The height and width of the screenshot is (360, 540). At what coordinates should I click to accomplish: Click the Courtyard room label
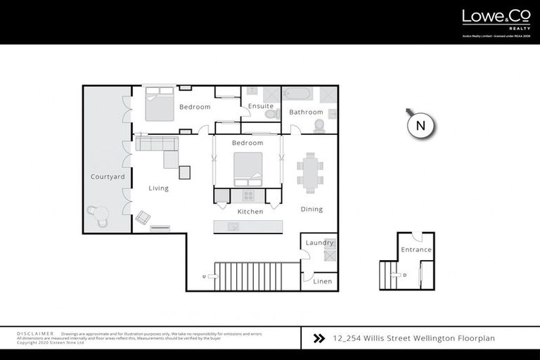click(108, 176)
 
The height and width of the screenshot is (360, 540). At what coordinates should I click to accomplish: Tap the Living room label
click(158, 188)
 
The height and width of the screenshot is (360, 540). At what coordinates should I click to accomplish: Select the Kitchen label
click(250, 212)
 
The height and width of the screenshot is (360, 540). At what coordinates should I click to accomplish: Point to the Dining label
click(311, 209)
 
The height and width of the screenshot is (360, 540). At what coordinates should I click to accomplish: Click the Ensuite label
click(261, 106)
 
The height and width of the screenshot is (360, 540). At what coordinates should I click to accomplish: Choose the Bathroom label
click(306, 112)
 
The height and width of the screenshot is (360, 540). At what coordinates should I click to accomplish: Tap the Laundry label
click(319, 243)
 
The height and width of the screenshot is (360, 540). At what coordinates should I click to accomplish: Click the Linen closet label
click(322, 281)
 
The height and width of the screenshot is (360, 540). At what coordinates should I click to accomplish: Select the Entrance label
click(416, 250)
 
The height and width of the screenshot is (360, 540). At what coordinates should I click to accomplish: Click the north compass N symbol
click(421, 126)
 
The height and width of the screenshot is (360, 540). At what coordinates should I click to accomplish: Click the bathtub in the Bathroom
click(300, 94)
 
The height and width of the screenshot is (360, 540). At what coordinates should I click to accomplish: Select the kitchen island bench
click(248, 226)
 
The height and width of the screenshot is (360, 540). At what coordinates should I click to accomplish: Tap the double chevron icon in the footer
click(319, 338)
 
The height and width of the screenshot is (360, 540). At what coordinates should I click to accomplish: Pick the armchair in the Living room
click(143, 217)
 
